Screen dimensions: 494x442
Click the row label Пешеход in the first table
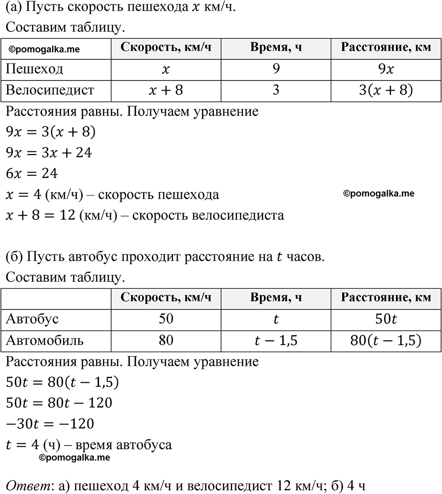pos(35,69)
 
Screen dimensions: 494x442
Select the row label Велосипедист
pos(50,90)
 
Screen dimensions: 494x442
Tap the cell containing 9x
pos(386,69)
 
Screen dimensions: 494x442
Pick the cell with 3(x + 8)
pos(386,90)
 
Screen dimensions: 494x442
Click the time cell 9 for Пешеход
pos(276,69)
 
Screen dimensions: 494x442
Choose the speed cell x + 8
pos(166,90)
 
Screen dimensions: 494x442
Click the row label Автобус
pos(32,319)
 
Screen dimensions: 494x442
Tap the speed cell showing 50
pos(166,319)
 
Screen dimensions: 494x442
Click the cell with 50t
pos(386,319)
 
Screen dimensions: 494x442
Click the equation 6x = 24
pos(31,174)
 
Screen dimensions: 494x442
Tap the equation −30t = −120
pos(50,424)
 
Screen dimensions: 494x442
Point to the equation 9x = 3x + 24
pos(48,153)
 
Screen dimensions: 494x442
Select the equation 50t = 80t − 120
pos(59,403)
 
